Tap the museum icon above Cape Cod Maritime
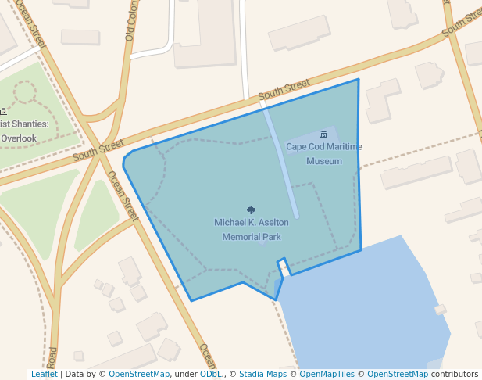[x=324, y=135]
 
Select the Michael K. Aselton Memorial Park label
[x=252, y=230]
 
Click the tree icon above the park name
[x=251, y=210]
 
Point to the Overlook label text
[x=19, y=138]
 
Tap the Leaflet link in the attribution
[x=44, y=374]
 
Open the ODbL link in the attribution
[x=210, y=374]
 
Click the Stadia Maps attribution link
[x=262, y=374]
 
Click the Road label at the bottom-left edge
[x=52, y=358]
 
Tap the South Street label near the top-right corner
[x=460, y=23]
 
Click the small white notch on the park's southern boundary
[x=285, y=267]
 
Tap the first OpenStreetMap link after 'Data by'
[x=139, y=374]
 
